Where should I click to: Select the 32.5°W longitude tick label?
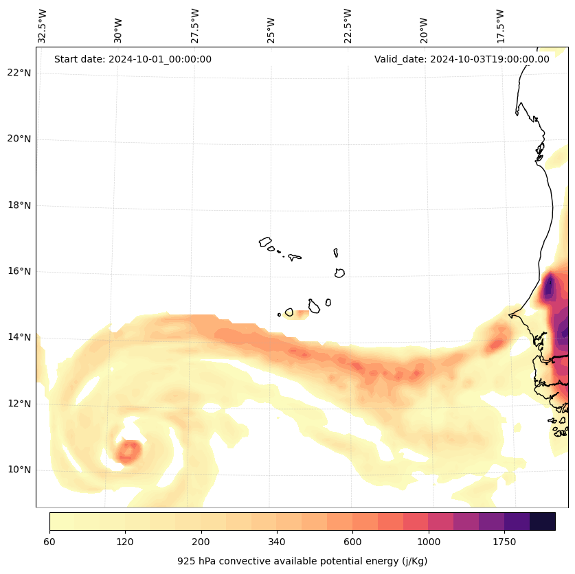43,26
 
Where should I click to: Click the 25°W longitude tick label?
271,31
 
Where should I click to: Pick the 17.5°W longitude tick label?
501,26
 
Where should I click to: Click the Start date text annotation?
133,59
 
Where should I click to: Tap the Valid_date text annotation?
462,59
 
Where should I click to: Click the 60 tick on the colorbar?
49,542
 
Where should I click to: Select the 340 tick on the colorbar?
277,542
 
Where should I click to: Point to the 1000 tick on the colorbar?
429,542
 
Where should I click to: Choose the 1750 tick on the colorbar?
504,542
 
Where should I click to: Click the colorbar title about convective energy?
302,561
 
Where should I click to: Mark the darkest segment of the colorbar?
542,521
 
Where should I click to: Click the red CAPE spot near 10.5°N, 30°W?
128,451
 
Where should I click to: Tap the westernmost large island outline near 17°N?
265,242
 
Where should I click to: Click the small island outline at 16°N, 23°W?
339,273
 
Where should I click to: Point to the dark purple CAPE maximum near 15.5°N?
548,287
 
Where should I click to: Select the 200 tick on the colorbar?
201,542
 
